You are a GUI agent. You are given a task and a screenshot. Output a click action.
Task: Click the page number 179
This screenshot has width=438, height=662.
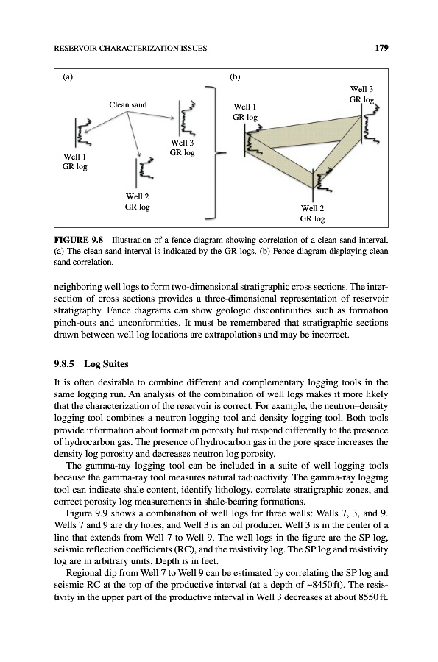[381, 48]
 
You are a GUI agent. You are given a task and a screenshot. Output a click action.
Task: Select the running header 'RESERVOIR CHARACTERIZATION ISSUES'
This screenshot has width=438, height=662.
[130, 48]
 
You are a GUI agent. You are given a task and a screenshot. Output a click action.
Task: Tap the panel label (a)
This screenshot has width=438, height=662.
[68, 76]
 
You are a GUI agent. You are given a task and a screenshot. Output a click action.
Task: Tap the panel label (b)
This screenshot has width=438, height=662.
[235, 76]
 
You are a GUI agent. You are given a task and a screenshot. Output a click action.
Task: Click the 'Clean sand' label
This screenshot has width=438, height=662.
[128, 104]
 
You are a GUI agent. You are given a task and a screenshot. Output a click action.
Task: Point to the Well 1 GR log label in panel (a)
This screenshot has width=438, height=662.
[75, 162]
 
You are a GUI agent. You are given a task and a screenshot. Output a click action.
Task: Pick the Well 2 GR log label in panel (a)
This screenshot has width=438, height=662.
[137, 202]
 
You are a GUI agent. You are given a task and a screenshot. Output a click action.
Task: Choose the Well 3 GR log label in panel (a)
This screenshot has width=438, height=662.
[182, 148]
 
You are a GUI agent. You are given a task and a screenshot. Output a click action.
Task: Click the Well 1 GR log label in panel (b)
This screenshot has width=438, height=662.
[245, 112]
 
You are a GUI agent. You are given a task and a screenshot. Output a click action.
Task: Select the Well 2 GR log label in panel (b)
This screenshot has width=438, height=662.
[313, 213]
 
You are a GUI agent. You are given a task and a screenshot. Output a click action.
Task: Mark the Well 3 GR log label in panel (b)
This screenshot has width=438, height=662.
[361, 94]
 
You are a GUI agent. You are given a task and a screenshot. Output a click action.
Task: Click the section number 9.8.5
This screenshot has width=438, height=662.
[64, 364]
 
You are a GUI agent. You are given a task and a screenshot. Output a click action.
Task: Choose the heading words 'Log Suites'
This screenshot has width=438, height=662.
[106, 364]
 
